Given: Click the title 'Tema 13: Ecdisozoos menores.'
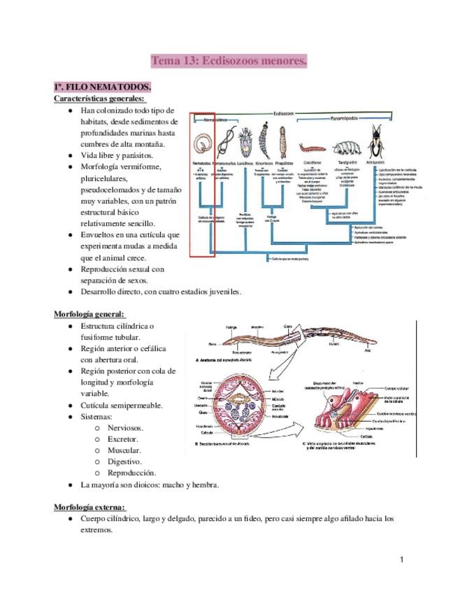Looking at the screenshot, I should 229,62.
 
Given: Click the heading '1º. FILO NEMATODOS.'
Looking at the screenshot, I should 102,87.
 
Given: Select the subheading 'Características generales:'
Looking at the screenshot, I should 99,99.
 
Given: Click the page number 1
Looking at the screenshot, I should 403,559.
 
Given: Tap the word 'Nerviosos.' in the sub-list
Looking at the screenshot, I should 122,427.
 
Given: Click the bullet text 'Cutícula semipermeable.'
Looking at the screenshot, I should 122,405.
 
